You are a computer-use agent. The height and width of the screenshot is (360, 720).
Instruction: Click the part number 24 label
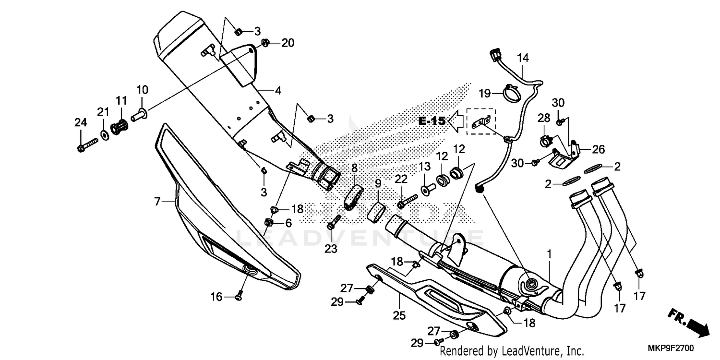pyautogui.click(x=81, y=122)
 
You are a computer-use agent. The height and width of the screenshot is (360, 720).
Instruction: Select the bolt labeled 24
pyautogui.click(x=86, y=144)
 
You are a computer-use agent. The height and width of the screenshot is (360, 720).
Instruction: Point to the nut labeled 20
pyautogui.click(x=265, y=43)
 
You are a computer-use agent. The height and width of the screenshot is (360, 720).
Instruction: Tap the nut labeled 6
pyautogui.click(x=269, y=222)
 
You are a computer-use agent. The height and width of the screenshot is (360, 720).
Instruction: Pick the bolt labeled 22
pyautogui.click(x=406, y=201)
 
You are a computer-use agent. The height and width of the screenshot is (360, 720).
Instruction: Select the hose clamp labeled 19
pyautogui.click(x=512, y=94)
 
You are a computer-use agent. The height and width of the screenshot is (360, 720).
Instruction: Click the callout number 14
pyautogui.click(x=523, y=59)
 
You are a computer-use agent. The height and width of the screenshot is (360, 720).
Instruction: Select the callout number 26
pyautogui.click(x=598, y=149)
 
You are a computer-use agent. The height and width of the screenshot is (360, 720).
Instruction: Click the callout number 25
pyautogui.click(x=399, y=315)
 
